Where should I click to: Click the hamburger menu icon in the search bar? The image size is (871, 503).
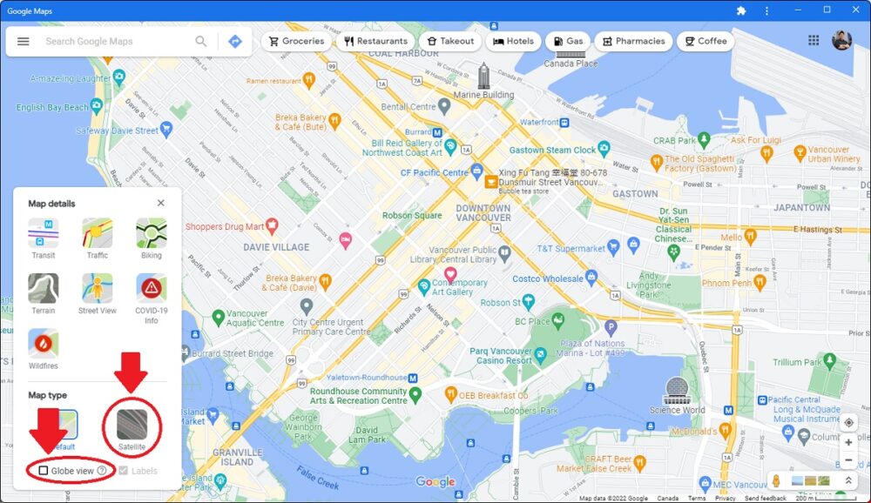[24, 41]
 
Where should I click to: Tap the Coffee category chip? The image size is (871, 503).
[705, 41]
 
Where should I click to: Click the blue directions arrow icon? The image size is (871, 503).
[234, 41]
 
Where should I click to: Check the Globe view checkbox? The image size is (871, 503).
[44, 471]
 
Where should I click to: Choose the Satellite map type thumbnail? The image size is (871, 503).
[132, 426]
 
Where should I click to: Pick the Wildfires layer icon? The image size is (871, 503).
[44, 344]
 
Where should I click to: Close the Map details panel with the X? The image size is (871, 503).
[161, 203]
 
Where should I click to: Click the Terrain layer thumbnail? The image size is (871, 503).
[44, 288]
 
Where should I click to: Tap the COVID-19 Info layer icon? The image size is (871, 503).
[152, 288]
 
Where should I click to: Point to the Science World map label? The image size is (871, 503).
[677, 410]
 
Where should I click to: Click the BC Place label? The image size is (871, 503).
[532, 321]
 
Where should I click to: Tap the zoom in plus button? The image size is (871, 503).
[848, 442]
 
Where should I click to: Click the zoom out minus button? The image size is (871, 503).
[848, 460]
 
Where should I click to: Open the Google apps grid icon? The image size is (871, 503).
[814, 41]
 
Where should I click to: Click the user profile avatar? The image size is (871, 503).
[841, 41]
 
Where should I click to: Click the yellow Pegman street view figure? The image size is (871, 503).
[776, 480]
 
